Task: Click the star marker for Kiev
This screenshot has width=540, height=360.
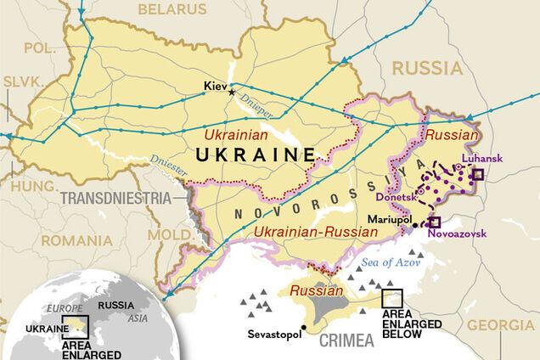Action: pyautogui.click(x=232, y=93)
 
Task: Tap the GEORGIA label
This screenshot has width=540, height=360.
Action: pyautogui.click(x=501, y=325)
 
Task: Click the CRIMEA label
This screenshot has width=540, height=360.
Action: pyautogui.click(x=346, y=340)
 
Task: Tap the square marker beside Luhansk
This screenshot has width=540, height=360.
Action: pyautogui.click(x=478, y=174)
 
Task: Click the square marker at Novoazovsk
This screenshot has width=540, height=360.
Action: pyautogui.click(x=434, y=221)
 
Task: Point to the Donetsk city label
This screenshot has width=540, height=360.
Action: pyautogui.click(x=396, y=197)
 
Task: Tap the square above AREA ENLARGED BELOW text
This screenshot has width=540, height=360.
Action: pyautogui.click(x=391, y=298)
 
